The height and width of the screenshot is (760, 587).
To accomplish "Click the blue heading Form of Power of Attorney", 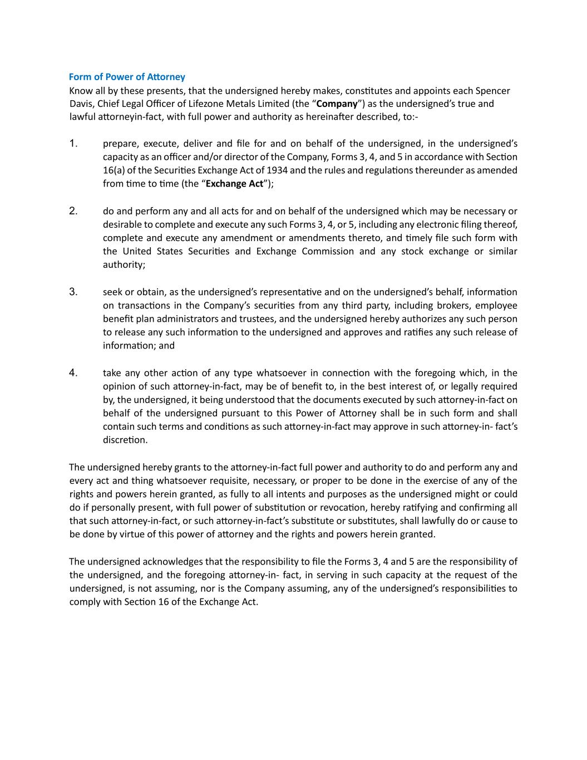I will [127, 77].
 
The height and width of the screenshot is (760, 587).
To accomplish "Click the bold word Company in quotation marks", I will [337, 104].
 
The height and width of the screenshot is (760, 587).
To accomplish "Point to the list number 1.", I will [73, 144].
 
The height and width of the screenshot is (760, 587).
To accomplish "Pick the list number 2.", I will [73, 211].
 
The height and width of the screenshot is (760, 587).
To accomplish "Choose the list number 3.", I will [73, 292].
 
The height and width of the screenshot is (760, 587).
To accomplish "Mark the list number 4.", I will [73, 372].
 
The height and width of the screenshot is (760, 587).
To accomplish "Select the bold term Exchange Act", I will [234, 184].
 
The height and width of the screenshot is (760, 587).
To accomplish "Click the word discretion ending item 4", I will [125, 440].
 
